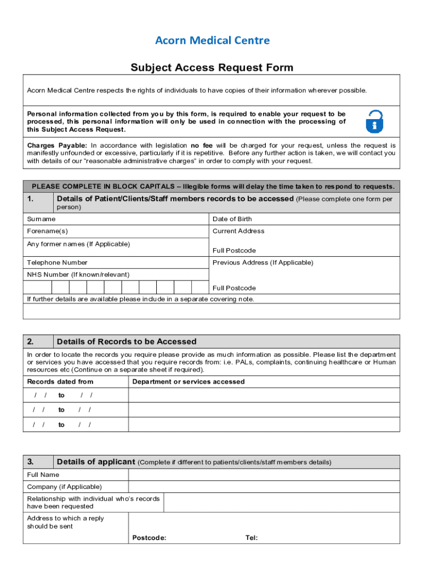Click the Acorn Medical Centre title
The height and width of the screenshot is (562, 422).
pos(212,41)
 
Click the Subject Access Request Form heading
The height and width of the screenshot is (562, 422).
pos(212,68)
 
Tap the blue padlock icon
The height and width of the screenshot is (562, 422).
pos(374,121)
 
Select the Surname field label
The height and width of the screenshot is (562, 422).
pos(41,219)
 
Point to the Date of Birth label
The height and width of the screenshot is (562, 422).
pos(232,219)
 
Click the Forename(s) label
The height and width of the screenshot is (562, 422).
pos(48,231)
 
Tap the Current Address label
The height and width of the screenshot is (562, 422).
pos(238,231)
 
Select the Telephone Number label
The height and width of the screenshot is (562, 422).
pos(57,262)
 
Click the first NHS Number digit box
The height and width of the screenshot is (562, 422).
pos(37,287)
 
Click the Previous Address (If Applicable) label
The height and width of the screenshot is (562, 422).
pos(263,262)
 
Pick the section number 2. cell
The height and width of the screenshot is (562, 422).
pos(38,341)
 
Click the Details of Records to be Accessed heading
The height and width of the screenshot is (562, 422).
pos(126,341)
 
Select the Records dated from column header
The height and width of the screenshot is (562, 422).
pos(60,381)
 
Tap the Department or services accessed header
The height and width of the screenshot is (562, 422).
pos(189,381)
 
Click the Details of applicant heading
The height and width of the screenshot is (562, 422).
pos(95,462)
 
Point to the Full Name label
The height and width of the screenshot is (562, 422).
pos(43,475)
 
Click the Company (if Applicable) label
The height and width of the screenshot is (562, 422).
pos(64,487)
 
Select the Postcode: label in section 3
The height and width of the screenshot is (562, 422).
pos(149,538)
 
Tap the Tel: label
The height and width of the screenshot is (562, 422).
pos(252,538)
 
